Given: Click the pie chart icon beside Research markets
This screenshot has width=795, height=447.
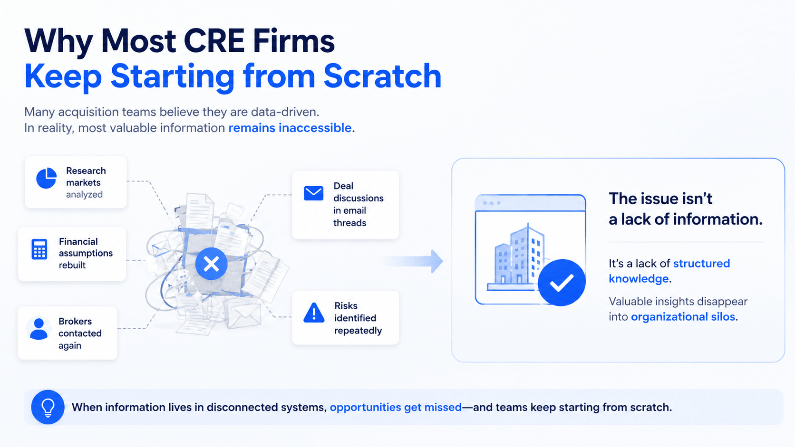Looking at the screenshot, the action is (46, 178).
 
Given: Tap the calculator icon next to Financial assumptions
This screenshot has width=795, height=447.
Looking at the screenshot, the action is (39, 249).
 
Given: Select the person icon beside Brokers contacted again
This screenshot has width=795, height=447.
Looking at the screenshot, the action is (39, 329).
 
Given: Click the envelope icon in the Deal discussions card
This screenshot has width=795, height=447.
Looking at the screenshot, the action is (313, 193).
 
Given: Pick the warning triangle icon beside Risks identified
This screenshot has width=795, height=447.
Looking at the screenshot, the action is (314, 312).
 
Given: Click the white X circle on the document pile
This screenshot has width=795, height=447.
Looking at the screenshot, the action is (211, 264).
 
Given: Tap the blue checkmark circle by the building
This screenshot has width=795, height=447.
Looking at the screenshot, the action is (562, 283).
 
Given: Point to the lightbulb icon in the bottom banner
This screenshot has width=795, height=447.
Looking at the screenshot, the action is (48, 407).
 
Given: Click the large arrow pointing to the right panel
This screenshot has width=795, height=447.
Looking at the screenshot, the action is (414, 261).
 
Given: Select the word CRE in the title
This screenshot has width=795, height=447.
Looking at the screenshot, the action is (213, 40).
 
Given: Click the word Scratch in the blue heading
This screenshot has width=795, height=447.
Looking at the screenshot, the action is (382, 76).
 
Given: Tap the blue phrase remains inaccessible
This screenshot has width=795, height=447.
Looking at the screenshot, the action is (290, 128).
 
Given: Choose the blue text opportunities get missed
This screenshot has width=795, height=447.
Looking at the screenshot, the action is (396, 407).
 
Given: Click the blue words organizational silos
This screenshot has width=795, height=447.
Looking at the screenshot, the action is (683, 316).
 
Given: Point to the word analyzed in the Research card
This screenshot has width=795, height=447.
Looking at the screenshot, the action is (84, 195).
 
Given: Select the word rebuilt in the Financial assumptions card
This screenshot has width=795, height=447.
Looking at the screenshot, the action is (72, 265).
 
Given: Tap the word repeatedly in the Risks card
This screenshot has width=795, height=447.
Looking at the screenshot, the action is (358, 331).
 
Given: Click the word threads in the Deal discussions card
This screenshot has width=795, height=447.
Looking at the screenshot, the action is (349, 223).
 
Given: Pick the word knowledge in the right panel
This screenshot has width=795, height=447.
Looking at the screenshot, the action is (639, 279).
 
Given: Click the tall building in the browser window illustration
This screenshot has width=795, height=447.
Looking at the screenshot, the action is (527, 254).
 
